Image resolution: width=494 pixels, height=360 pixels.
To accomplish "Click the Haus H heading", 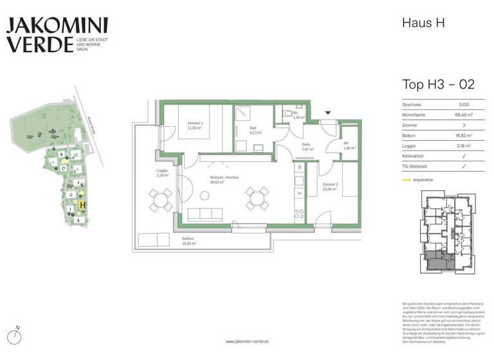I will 423,23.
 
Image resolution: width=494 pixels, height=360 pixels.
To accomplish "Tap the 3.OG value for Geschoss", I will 464,104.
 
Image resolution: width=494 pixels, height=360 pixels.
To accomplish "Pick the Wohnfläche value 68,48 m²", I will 464,114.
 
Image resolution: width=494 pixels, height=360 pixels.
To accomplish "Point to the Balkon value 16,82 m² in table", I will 464,135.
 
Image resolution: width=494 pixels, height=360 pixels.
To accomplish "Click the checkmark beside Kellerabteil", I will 464,156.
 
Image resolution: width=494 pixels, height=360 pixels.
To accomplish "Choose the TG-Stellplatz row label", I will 417,166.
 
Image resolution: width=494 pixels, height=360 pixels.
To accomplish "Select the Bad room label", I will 253,130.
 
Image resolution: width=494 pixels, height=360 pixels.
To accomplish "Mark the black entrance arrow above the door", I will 328,112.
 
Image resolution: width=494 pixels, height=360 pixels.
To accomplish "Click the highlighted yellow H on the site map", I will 83,205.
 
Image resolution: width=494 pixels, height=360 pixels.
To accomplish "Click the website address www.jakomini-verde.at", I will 247,341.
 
